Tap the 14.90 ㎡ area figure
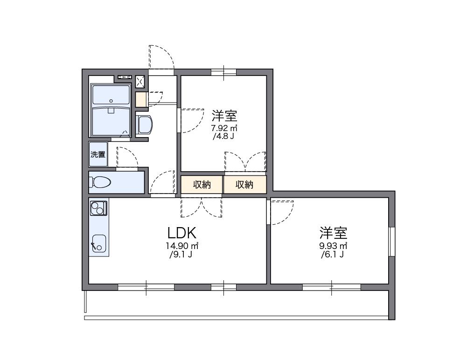pos(182,246)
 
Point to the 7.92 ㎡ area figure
pos(224,128)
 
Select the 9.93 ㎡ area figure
pos(333,246)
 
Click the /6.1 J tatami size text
pos(332,255)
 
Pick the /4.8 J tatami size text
pos(224,137)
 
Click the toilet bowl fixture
pos(100,182)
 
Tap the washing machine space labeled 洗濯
pos(98,154)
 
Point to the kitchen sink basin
pos(98,242)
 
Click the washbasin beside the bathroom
pos(144,125)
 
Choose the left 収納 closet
pos(202,185)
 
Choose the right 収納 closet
pos(244,185)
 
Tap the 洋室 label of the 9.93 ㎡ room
pos(333,232)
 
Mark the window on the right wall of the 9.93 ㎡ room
pos(392,242)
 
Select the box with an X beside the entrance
pos(140,82)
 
